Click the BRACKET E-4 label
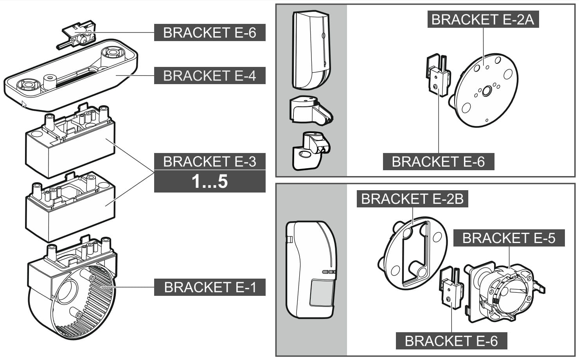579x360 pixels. pos(209,76)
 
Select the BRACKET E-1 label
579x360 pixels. pos(209,287)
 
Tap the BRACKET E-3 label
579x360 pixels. pos(209,161)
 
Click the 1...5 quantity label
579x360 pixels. pos(209,182)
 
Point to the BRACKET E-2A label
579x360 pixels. pos(482,19)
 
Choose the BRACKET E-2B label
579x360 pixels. pos(412,199)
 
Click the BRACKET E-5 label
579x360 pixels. pos(509,238)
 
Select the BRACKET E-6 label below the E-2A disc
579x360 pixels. pos(438,162)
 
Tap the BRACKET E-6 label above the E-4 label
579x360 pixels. pos(209,32)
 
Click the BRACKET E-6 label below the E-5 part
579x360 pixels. pos(451,341)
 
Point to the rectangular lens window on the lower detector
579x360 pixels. pos(322,292)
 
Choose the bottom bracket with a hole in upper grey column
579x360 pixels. pos(310,151)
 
